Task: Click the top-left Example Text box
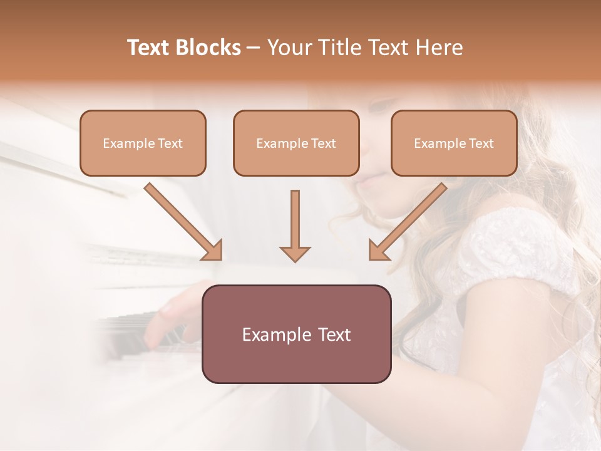(x=143, y=143)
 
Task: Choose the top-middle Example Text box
(x=296, y=143)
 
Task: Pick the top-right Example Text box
(x=454, y=143)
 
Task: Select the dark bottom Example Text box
(x=296, y=334)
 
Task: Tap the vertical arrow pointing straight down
(x=295, y=225)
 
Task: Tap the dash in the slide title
(x=254, y=48)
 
